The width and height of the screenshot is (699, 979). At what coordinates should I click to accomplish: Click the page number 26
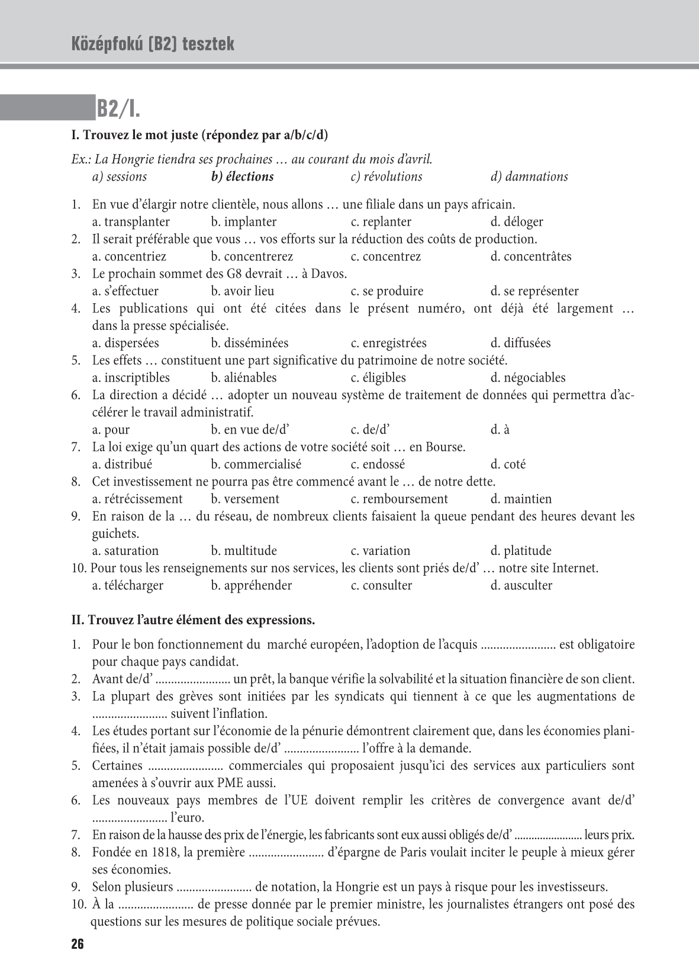(x=78, y=944)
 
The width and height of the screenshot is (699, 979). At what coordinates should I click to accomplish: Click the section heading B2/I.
(x=118, y=109)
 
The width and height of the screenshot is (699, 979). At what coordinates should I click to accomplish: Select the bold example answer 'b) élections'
(x=242, y=176)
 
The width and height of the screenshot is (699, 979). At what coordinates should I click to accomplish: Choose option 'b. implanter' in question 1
(x=243, y=222)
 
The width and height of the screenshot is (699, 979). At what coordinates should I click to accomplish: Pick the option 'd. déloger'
(x=517, y=222)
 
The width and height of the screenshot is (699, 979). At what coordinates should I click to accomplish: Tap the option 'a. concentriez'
(x=129, y=256)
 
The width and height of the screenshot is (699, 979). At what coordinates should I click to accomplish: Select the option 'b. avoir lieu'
(x=242, y=291)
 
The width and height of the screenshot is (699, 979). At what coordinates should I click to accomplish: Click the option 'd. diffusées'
(x=520, y=343)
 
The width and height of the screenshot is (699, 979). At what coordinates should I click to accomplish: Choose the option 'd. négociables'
(x=528, y=378)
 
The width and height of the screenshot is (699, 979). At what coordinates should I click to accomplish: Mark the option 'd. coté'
(x=508, y=464)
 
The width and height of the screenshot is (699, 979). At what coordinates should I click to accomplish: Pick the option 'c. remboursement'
(x=399, y=499)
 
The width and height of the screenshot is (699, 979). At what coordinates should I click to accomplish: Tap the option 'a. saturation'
(x=125, y=551)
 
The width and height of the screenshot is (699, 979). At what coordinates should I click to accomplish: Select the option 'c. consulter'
(x=381, y=586)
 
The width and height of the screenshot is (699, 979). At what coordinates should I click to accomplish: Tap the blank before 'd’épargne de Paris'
(x=286, y=853)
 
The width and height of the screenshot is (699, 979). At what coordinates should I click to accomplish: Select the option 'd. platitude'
(x=521, y=551)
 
